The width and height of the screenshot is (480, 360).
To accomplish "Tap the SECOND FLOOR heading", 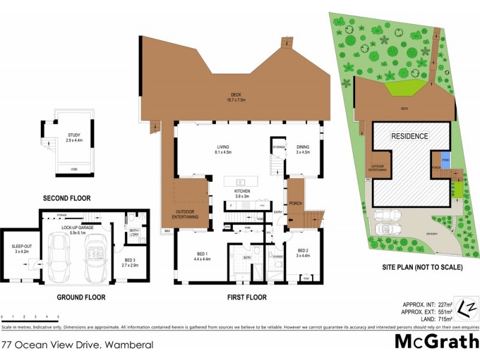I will (x=67, y=198).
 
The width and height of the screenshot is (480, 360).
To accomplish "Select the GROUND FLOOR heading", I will (x=81, y=297).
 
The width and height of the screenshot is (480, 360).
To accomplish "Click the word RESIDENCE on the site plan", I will (x=410, y=136).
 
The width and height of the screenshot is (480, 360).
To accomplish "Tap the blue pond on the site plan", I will (x=445, y=160).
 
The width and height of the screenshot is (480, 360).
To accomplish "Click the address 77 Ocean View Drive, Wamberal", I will (x=78, y=345).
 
